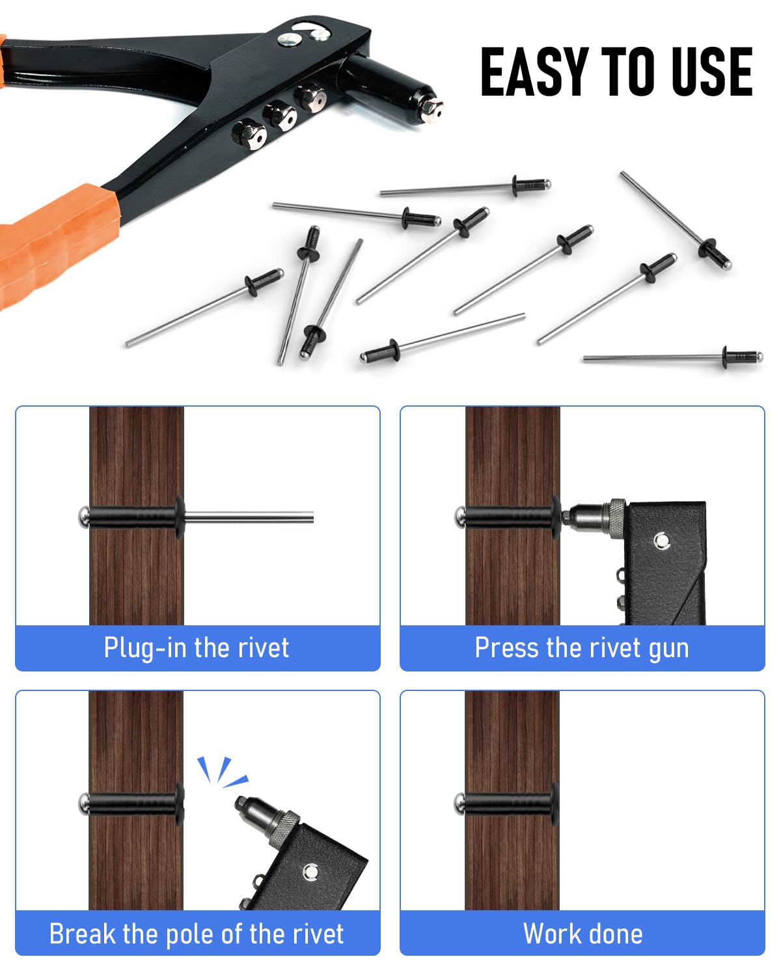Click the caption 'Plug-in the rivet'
tap(196, 647)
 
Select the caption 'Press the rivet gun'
tap(582, 648)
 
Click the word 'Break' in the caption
tap(82, 934)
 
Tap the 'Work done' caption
tap(582, 934)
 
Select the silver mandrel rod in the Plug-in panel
tap(249, 517)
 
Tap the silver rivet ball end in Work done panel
tap(459, 804)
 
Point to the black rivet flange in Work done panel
tap(555, 804)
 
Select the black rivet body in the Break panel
tap(131, 804)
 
